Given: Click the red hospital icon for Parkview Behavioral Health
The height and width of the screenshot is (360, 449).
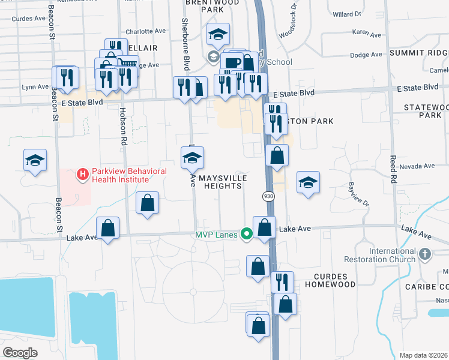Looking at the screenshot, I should point(83,175).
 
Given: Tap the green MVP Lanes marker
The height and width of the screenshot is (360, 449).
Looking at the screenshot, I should point(246,233).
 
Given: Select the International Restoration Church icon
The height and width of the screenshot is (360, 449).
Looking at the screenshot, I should point(425,254).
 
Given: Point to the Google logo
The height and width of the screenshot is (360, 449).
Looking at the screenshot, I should point(20,352).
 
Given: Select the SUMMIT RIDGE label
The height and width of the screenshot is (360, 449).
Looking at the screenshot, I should point(418,53).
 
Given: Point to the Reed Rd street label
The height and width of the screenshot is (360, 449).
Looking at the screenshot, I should point(393,169).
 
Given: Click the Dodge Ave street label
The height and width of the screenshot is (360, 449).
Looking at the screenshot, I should point(366,55).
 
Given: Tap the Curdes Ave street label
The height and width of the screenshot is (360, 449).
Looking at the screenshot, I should point(29,18).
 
